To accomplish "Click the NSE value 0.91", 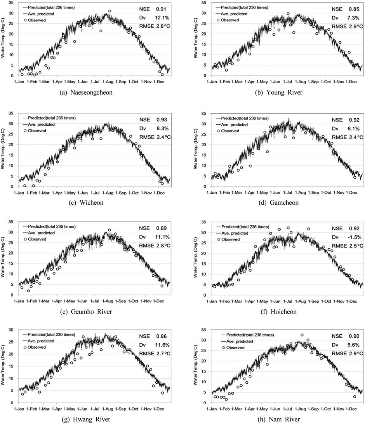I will tap(159, 8).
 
